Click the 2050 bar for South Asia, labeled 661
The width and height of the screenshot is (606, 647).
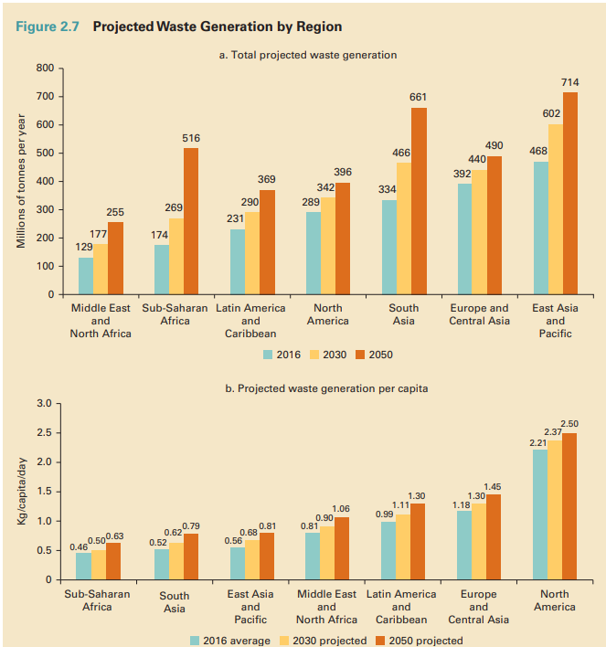419,201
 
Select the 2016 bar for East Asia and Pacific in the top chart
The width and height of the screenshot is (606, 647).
541,228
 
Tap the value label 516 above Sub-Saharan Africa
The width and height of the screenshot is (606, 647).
191,137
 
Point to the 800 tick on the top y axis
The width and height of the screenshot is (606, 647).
40,68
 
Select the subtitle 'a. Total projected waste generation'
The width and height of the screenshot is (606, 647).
308,55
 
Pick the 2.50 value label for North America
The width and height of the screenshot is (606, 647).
569,423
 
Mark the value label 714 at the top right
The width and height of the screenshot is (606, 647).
569,82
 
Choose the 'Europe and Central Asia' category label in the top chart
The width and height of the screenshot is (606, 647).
479,314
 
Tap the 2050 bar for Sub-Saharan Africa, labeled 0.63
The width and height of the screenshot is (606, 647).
113,561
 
